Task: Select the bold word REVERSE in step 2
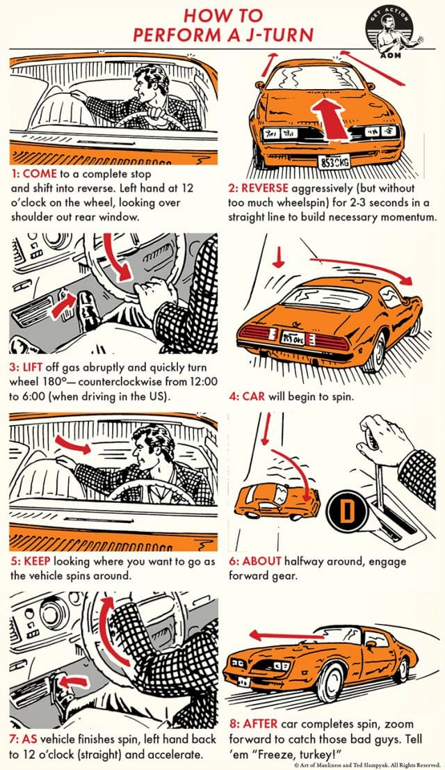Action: [x=265, y=189]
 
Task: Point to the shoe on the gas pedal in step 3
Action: [x=87, y=305]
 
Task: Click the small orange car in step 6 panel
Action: [x=277, y=496]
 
